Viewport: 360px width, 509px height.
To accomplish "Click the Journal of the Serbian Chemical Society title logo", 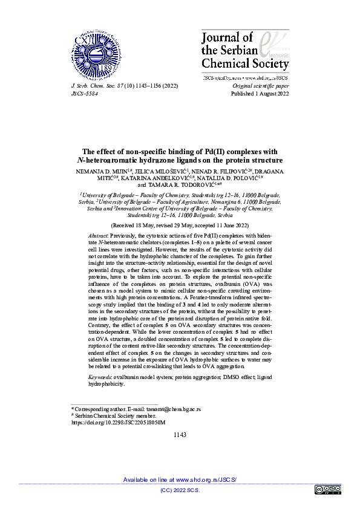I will pyautogui.click(x=244, y=51).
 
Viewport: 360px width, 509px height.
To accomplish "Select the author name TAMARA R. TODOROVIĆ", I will pyautogui.click(x=183, y=186).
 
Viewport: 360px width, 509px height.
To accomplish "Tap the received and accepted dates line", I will pyautogui.click(x=180, y=224).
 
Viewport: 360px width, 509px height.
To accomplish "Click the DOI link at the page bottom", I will pyautogui.click(x=118, y=423).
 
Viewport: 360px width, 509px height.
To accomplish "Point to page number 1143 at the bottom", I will pyautogui.click(x=180, y=435).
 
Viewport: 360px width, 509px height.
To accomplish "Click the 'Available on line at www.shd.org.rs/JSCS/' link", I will pyautogui.click(x=180, y=479).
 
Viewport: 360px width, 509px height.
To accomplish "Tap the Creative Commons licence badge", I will pyautogui.click(x=327, y=489).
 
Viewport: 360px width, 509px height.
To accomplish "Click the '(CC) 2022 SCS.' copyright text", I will pyautogui.click(x=180, y=490).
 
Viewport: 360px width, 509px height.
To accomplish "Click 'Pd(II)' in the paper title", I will pyautogui.click(x=220, y=152).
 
